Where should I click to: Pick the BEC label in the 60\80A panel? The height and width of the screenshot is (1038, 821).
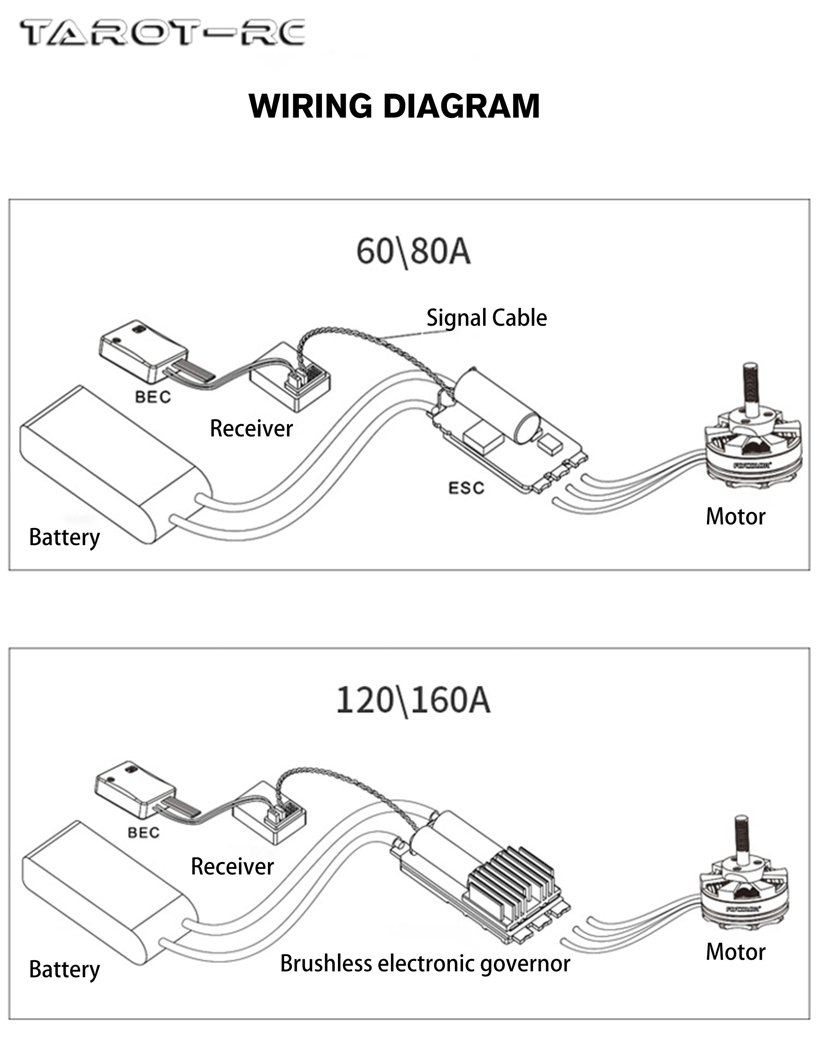[x=153, y=397]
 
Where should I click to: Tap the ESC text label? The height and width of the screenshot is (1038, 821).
[x=466, y=488]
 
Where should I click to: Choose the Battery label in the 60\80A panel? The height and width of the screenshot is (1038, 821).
[x=64, y=537]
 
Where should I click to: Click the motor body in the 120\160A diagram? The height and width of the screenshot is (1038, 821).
[x=743, y=901]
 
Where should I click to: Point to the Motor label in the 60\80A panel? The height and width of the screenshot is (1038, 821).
[x=735, y=517]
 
